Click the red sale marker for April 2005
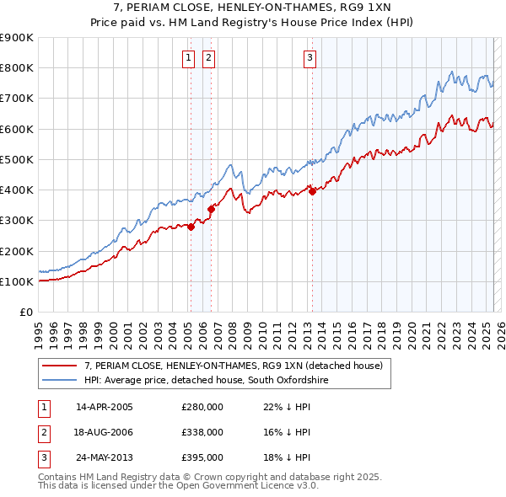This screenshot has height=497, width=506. coord(191,227)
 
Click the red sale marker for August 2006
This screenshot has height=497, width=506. coord(211,209)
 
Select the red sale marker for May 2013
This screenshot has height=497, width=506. coord(312,191)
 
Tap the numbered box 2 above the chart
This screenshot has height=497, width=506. coord(207,57)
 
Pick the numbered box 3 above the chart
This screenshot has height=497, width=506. coord(310,57)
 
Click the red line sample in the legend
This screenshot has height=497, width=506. coord(60,366)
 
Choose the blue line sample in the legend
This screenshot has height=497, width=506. coord(60,381)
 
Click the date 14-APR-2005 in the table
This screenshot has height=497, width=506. coord(104,407)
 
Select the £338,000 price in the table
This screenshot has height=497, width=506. coord(202,432)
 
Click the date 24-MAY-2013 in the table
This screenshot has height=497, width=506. coord(104,457)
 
